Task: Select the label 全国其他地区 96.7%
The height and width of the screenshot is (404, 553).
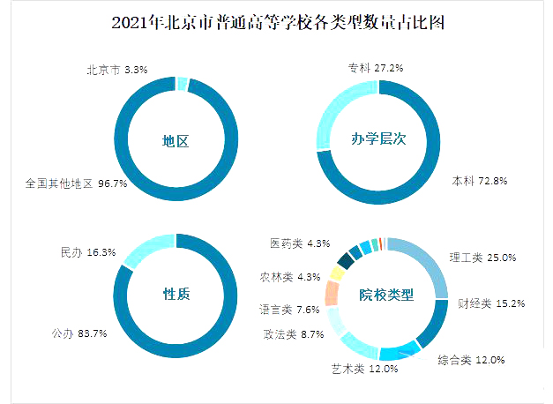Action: [77, 184]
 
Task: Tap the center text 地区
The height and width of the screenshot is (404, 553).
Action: [176, 140]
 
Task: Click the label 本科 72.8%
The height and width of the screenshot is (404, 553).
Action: [480, 181]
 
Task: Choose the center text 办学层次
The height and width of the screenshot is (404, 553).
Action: [377, 138]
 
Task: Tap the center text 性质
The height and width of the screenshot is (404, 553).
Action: [176, 294]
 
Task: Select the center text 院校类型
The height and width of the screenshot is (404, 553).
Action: [385, 295]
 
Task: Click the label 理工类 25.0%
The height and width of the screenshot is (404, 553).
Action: [482, 258]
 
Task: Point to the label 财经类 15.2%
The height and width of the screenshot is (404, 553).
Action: [491, 303]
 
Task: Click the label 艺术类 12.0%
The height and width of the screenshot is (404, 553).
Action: [364, 369]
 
